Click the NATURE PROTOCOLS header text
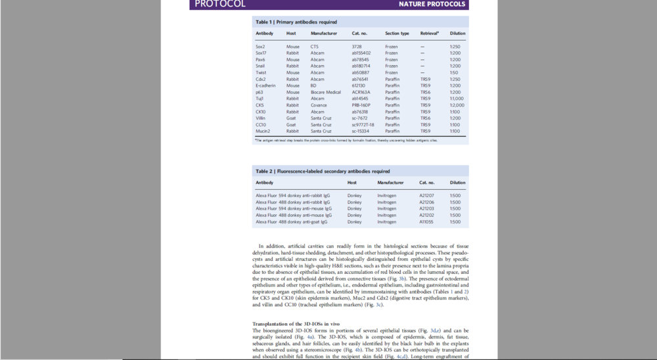coord(432,4)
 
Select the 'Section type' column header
coord(397,33)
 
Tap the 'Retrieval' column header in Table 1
coord(430,33)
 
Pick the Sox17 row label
coord(264,53)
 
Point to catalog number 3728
coord(357,46)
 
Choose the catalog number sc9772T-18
coord(363,125)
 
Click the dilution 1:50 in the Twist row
coord(454,72)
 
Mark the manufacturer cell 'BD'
coord(313,85)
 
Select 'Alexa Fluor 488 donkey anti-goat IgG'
coord(291,221)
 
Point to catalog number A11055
coord(426,221)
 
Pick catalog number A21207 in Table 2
coord(426,195)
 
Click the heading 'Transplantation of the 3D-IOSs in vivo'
coord(295,325)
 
